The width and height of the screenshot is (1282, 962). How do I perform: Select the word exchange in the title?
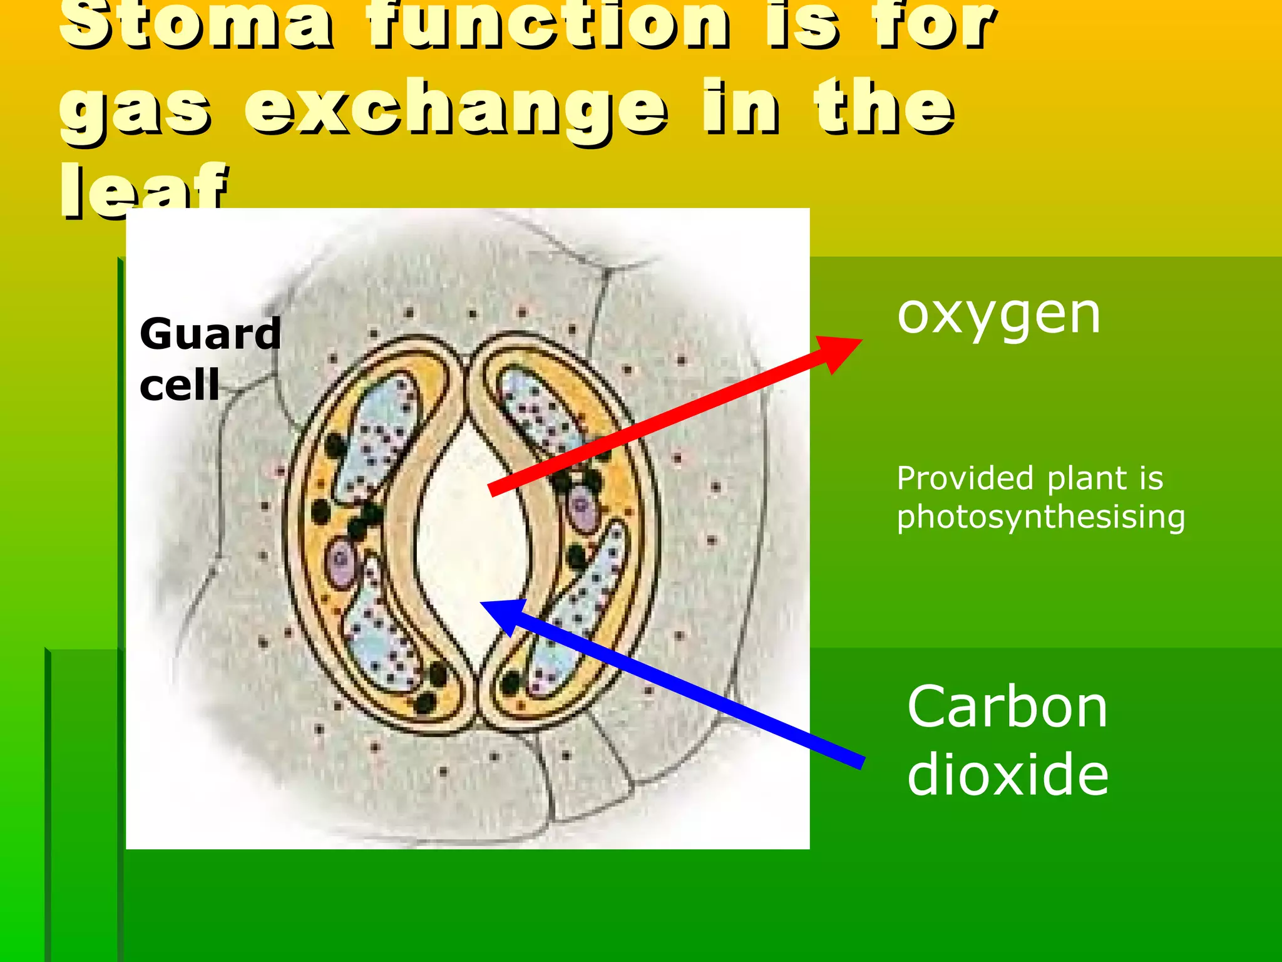pyautogui.click(x=456, y=110)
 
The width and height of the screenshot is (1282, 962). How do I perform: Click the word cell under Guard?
pyautogui.click(x=180, y=385)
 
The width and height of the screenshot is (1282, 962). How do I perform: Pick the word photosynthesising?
pyautogui.click(x=1040, y=517)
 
